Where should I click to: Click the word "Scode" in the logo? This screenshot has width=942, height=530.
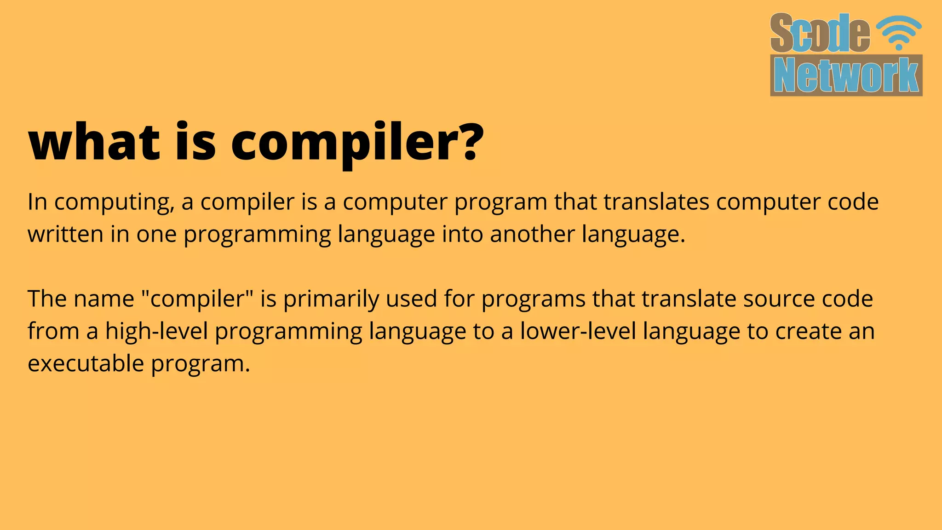tap(820, 33)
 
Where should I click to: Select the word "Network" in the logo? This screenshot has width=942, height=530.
tap(846, 75)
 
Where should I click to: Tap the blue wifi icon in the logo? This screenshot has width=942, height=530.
tap(899, 32)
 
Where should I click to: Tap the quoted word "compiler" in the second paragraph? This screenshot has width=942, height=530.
tap(197, 299)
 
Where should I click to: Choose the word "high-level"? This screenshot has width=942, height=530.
tap(157, 331)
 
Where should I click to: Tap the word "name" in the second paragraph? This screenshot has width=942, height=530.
tap(103, 299)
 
